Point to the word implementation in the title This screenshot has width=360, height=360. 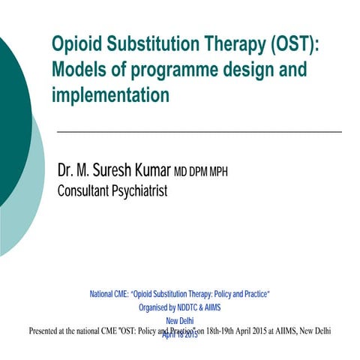click(110, 95)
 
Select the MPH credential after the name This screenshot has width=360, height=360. click(216, 173)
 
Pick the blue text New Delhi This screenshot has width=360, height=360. click(180, 320)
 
